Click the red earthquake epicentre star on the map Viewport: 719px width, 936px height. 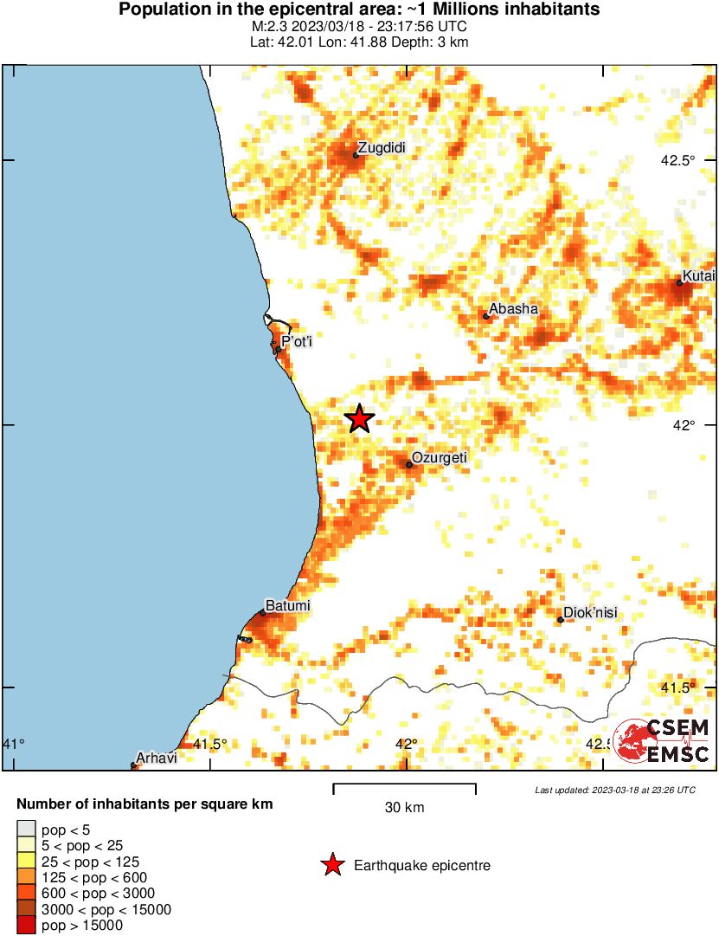pyautogui.click(x=359, y=419)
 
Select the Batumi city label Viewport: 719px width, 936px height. pyautogui.click(x=287, y=605)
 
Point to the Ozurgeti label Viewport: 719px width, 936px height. pyautogui.click(x=440, y=457)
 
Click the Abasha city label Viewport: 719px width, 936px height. pyautogui.click(x=514, y=309)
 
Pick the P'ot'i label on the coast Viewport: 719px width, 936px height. pyautogui.click(x=297, y=342)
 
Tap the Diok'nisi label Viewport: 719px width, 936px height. pyautogui.click(x=590, y=613)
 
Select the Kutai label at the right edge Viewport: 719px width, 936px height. pyautogui.click(x=699, y=275)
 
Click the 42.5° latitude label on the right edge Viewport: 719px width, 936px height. pyautogui.click(x=678, y=160)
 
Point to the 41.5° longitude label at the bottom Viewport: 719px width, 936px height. pyautogui.click(x=209, y=744)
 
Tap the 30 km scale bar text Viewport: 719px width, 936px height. pyautogui.click(x=404, y=808)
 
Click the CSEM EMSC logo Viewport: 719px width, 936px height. pyautogui.click(x=663, y=742)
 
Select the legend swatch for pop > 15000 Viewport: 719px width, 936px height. pyautogui.click(x=26, y=926)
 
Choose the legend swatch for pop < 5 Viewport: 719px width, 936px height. pyautogui.click(x=26, y=830)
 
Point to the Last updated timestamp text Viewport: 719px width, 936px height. pyautogui.click(x=614, y=790)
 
